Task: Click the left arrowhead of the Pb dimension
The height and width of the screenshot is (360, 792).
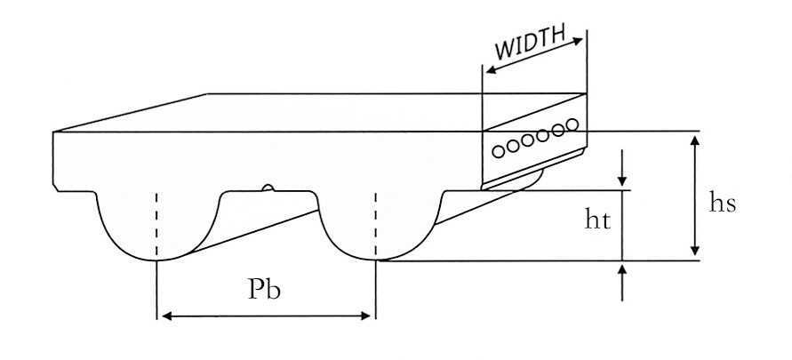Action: click(x=164, y=315)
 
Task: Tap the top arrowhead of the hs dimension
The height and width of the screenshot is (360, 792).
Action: click(x=694, y=138)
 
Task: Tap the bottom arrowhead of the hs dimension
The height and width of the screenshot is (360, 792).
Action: click(x=694, y=254)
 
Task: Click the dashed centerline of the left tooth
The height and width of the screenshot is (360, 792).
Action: click(x=157, y=222)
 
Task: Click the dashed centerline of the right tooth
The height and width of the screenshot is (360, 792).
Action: click(x=376, y=222)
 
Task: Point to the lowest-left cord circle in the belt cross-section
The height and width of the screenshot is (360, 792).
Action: click(x=499, y=151)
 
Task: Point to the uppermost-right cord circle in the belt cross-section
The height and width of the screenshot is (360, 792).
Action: click(x=572, y=124)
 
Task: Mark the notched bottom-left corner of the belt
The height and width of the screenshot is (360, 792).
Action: click(x=58, y=188)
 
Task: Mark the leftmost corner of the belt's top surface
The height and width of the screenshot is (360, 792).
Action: click(x=54, y=132)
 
